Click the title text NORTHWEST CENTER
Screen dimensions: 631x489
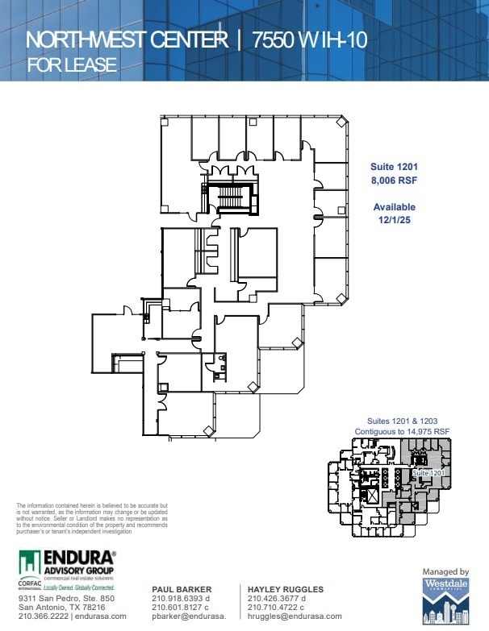coord(126,40)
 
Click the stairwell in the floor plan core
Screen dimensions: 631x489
coord(231,198)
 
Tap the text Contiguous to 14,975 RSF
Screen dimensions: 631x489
coord(403,433)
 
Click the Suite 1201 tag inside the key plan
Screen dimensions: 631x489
coord(428,472)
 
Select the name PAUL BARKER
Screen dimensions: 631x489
coord(182,590)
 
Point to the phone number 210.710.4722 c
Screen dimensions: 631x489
coord(278,608)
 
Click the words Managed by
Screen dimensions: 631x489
coord(445,571)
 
